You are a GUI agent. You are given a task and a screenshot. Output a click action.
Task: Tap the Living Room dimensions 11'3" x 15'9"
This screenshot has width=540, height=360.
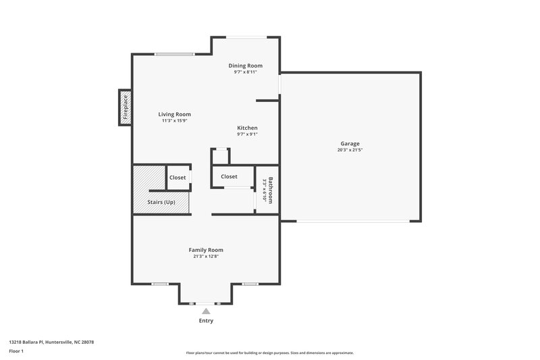175,122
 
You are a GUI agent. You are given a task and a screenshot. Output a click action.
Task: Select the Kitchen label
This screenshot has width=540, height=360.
247,128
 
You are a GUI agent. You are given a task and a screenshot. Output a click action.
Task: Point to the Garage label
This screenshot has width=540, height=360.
350,143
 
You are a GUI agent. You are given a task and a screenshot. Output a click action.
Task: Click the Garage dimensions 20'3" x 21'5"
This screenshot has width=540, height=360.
350,150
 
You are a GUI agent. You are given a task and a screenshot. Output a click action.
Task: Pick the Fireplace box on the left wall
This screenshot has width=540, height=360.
125,107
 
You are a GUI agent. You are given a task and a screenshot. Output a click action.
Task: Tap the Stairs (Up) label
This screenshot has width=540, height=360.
161,202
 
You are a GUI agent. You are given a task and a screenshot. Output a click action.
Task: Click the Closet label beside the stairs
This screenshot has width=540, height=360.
178,178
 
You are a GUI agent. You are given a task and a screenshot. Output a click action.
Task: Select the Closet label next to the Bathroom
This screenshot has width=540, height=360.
229,177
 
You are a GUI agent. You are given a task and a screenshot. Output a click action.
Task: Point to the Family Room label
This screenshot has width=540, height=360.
206,249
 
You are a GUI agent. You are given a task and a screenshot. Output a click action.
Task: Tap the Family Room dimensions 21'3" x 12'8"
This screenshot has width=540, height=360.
206,256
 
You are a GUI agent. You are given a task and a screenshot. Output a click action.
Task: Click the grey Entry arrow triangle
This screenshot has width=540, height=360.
206,311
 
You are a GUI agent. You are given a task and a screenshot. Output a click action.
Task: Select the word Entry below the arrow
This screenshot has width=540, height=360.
206,320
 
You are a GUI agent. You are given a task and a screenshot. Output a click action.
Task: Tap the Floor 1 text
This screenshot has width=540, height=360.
17,352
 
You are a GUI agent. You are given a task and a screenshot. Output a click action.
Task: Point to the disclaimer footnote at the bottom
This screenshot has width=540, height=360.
269,353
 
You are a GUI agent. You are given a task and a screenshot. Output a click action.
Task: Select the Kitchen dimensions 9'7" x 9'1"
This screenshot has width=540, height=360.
247,134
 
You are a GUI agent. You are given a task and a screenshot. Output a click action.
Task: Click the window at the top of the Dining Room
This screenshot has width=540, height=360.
245,36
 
